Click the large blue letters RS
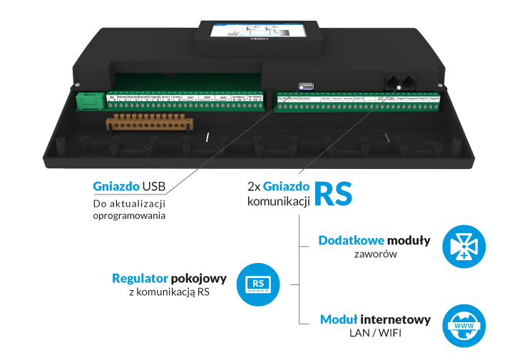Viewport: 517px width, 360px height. [332, 193]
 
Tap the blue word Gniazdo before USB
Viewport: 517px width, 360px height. [116, 187]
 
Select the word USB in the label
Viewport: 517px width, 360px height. [153, 187]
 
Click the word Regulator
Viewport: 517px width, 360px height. [140, 278]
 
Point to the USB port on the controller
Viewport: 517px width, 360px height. [307, 86]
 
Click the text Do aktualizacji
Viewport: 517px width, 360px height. [128, 204]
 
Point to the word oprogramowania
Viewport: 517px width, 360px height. [128, 215]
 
